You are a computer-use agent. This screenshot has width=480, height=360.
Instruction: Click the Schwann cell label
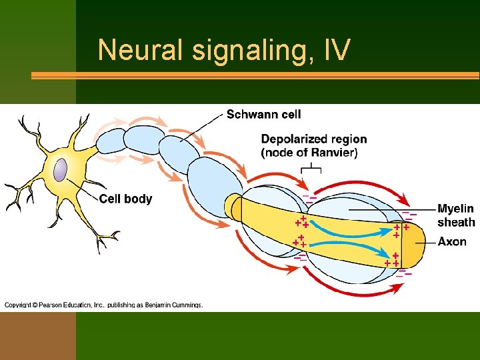[263, 115]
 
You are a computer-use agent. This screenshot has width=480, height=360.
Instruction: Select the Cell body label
[125, 199]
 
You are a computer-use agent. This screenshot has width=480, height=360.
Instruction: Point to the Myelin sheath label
[456, 215]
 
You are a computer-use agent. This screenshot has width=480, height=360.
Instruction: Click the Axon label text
[452, 241]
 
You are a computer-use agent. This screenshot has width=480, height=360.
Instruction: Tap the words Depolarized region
[313, 139]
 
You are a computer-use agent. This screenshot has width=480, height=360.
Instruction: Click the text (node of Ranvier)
[309, 153]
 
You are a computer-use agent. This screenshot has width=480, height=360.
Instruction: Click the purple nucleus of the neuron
[61, 169]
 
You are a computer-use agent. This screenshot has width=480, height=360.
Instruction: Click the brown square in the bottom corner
[37, 336]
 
